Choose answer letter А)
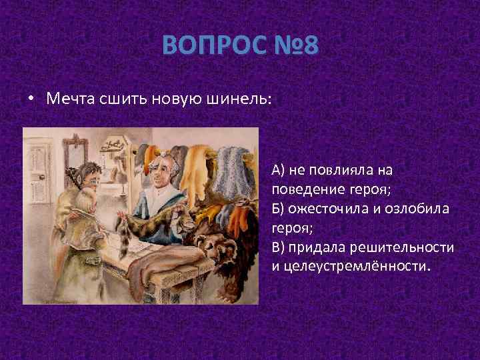278,170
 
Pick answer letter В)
278,247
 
